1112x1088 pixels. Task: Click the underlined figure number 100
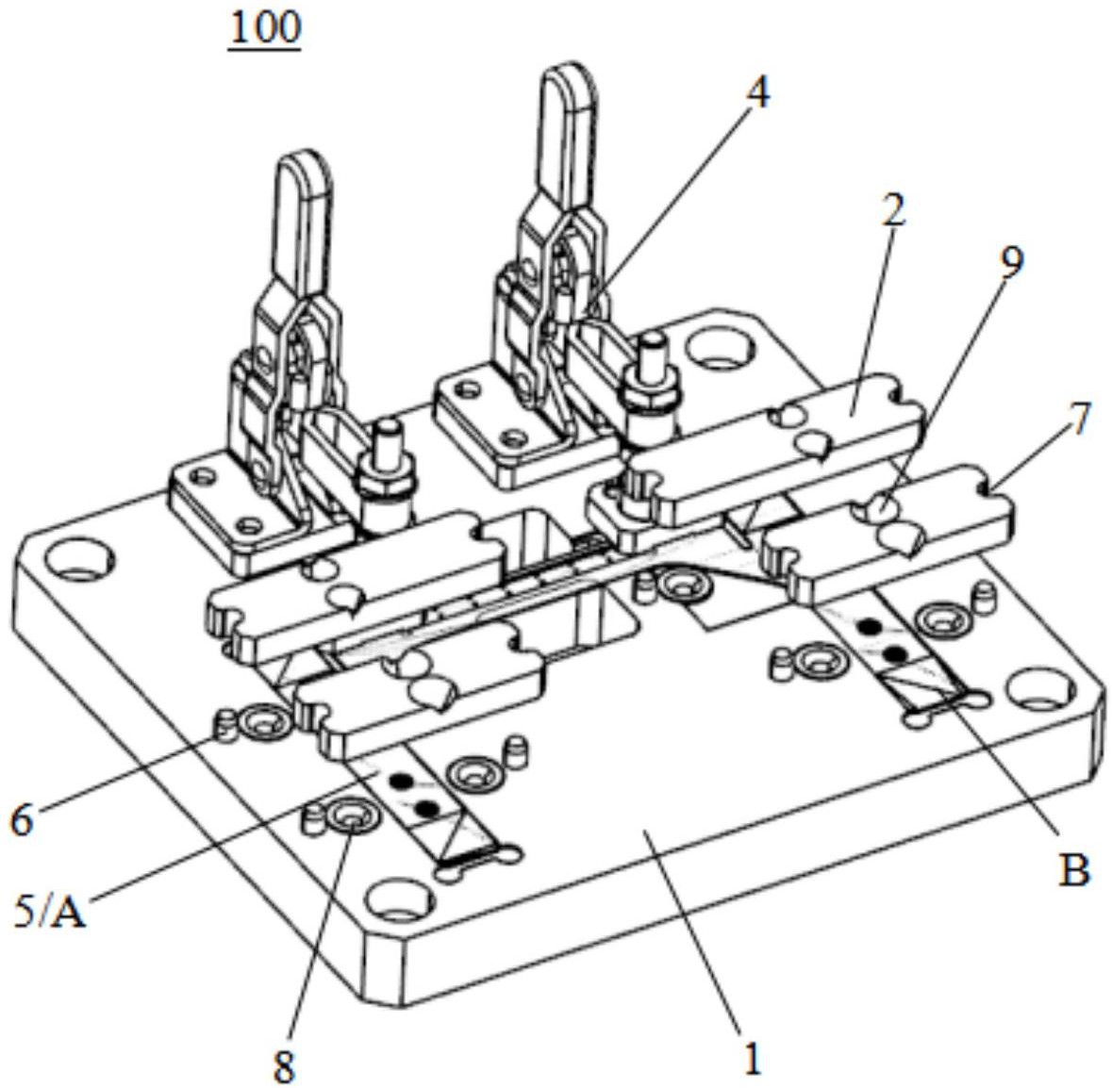pyautogui.click(x=264, y=29)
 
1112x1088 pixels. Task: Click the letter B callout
pyautogui.click(x=1073, y=869)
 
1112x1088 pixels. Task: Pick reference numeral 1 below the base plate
pyautogui.click(x=752, y=1061)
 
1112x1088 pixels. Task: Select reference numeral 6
pyautogui.click(x=22, y=821)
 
